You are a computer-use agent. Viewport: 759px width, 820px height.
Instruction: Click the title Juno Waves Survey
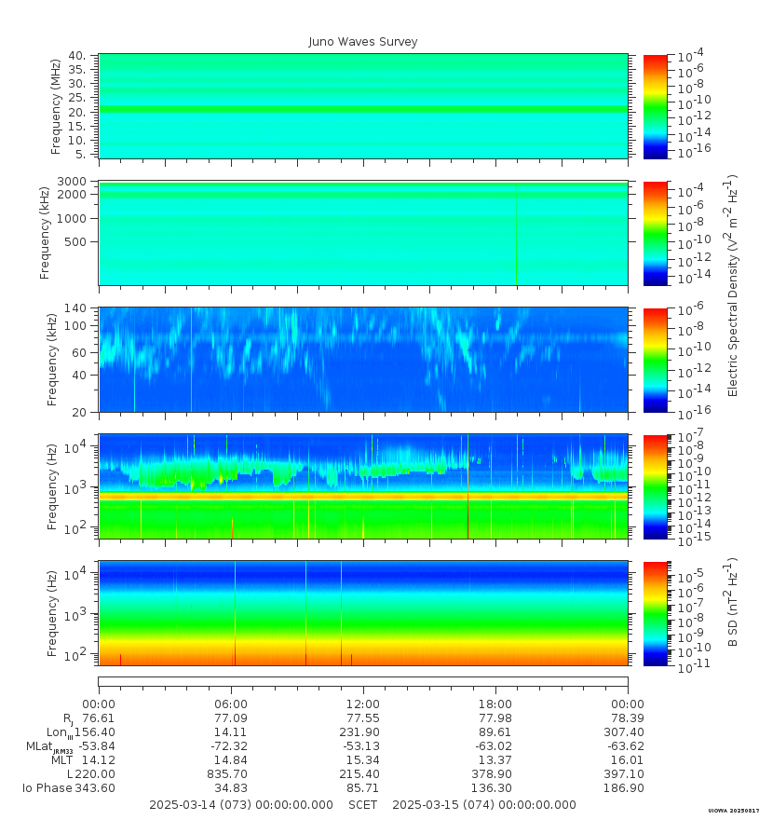(x=363, y=42)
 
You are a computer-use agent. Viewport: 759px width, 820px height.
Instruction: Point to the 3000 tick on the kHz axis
(x=73, y=181)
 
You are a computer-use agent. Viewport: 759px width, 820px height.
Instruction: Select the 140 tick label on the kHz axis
(x=75, y=308)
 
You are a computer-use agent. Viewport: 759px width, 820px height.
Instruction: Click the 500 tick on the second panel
(x=75, y=242)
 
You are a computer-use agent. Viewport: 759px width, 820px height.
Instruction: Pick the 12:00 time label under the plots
(x=363, y=704)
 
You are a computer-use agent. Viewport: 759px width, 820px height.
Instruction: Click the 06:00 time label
(x=231, y=704)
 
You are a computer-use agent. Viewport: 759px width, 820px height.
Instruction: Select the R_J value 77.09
(x=231, y=718)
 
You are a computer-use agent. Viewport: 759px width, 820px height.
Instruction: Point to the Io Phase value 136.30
(x=493, y=788)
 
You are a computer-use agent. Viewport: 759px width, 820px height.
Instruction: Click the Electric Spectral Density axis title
(x=733, y=285)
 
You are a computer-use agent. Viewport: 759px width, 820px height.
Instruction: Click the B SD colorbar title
(x=733, y=604)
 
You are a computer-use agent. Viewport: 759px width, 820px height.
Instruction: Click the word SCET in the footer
(x=363, y=805)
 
